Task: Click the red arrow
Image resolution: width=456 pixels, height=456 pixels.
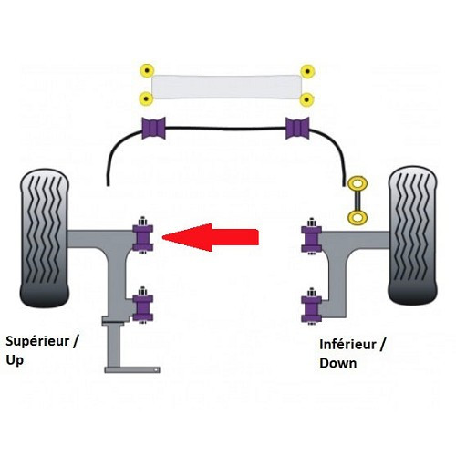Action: [211, 237]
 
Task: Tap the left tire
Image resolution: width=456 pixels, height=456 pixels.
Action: [45, 238]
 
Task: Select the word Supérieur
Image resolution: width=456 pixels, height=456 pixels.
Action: [37, 341]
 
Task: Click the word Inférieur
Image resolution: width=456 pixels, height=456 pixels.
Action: [347, 345]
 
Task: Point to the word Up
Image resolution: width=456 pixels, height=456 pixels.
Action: [15, 360]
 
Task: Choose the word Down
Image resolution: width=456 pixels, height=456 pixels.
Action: [338, 363]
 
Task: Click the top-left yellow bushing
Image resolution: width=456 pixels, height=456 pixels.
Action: [147, 71]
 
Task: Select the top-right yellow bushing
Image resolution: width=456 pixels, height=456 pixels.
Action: [307, 72]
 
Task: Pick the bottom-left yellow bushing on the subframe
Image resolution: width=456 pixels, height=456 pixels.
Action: [146, 98]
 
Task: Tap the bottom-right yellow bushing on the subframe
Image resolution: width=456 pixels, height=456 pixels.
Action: [306, 99]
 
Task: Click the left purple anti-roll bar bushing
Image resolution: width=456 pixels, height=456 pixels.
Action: [154, 128]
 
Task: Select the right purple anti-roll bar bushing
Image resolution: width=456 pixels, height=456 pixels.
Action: [297, 128]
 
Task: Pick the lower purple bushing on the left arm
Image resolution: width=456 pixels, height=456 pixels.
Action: [142, 307]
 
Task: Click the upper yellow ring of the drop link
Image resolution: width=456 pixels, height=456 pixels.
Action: [358, 184]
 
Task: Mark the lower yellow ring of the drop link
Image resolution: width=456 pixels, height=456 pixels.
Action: [358, 217]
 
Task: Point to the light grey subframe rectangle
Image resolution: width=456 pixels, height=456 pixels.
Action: [226, 87]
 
